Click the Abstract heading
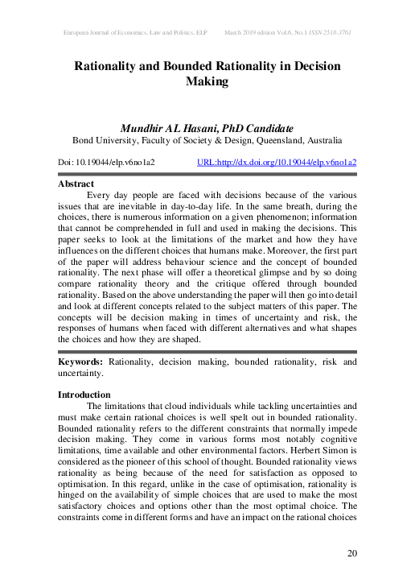(x=76, y=184)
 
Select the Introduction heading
(x=84, y=395)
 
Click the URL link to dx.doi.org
(x=277, y=162)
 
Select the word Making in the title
(x=207, y=81)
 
